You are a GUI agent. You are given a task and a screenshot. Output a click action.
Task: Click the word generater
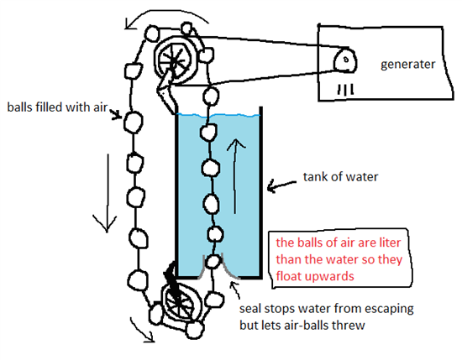click(x=407, y=65)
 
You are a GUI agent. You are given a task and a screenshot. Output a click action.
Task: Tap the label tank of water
click(x=340, y=177)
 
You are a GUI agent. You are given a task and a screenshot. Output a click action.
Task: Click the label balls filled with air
click(x=57, y=107)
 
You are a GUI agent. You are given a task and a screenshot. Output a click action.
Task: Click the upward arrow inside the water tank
click(x=235, y=175)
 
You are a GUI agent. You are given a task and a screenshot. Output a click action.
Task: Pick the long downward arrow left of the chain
click(x=106, y=193)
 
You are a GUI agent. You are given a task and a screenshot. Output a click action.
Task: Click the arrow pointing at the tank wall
click(x=281, y=185)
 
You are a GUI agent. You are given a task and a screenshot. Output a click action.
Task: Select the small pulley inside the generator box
click(x=344, y=60)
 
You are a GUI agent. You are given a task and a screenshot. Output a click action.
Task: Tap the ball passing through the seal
click(x=213, y=262)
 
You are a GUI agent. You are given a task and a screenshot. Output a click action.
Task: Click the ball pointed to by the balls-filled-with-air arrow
click(x=134, y=123)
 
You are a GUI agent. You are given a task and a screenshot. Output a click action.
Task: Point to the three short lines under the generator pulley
click(x=345, y=90)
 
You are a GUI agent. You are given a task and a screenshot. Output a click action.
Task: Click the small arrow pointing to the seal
click(x=235, y=290)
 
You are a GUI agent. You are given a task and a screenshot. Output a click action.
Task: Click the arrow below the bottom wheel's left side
click(x=143, y=331)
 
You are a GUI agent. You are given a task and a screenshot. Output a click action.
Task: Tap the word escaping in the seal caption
click(x=389, y=310)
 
